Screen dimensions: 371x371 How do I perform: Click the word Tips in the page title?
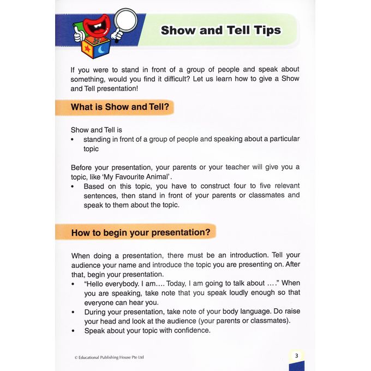267,30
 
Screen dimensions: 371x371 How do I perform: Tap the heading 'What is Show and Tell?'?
116,107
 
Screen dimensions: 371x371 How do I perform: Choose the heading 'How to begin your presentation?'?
140,232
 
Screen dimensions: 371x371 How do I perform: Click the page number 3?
296,356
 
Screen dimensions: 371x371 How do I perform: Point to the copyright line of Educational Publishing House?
109,357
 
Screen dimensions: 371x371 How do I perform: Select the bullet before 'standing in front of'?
73,139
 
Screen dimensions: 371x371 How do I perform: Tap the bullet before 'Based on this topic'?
73,186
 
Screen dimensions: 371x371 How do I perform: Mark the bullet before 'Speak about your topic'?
73,331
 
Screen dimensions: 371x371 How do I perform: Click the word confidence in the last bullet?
191,331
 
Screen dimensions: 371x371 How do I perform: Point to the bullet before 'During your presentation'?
73,312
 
